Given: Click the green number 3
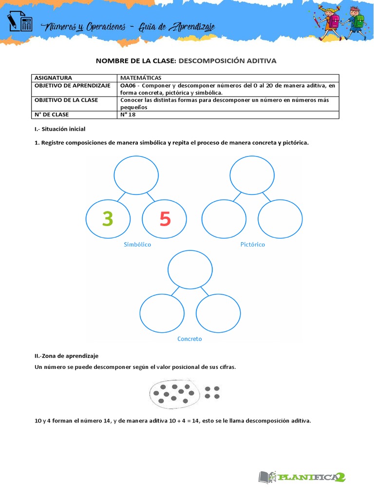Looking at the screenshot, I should [x=108, y=219].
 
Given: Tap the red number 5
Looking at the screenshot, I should [x=165, y=220].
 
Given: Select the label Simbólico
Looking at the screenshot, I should [x=137, y=245].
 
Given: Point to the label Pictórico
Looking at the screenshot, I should [x=253, y=245].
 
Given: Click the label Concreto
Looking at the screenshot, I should [x=189, y=339].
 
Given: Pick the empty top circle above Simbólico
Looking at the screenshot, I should [x=136, y=174].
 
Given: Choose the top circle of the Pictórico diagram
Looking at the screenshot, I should [x=252, y=174].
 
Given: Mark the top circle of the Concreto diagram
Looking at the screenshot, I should [x=190, y=269].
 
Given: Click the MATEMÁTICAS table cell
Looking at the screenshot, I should [x=141, y=78].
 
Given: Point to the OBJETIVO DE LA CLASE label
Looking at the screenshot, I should [x=66, y=100].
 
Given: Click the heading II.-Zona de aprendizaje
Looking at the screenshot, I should [x=66, y=356].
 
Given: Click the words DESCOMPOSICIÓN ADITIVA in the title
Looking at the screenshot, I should [x=227, y=61].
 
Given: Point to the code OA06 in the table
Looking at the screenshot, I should [x=129, y=85].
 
